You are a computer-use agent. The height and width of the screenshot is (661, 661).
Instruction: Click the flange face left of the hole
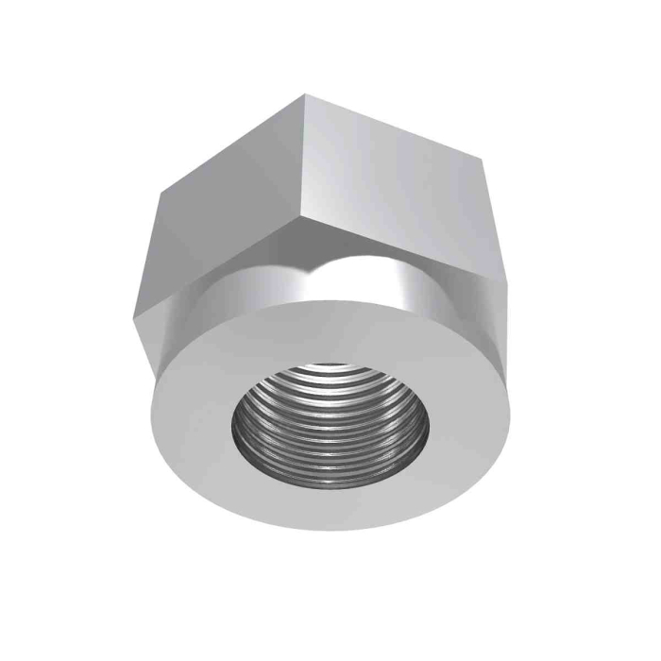pyautogui.click(x=194, y=415)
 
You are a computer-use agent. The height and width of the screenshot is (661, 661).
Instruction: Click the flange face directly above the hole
pyautogui.click(x=330, y=330)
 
